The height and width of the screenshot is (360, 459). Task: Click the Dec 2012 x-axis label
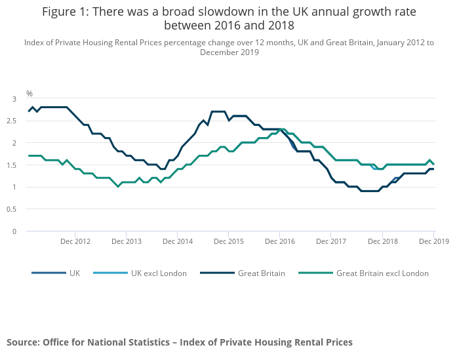pyautogui.click(x=75, y=241)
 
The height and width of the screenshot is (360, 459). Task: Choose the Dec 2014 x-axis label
pyautogui.click(x=177, y=241)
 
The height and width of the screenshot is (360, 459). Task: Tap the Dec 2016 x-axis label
pyautogui.click(x=280, y=241)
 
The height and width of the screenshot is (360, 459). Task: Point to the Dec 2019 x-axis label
pyautogui.click(x=434, y=241)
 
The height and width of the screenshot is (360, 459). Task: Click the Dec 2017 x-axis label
pyautogui.click(x=331, y=241)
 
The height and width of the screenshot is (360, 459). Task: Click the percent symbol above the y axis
pyautogui.click(x=30, y=94)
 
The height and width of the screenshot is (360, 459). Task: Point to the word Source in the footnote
pyautogui.click(x=23, y=342)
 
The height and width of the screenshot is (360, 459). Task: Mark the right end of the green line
pyautogui.click(x=433, y=164)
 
